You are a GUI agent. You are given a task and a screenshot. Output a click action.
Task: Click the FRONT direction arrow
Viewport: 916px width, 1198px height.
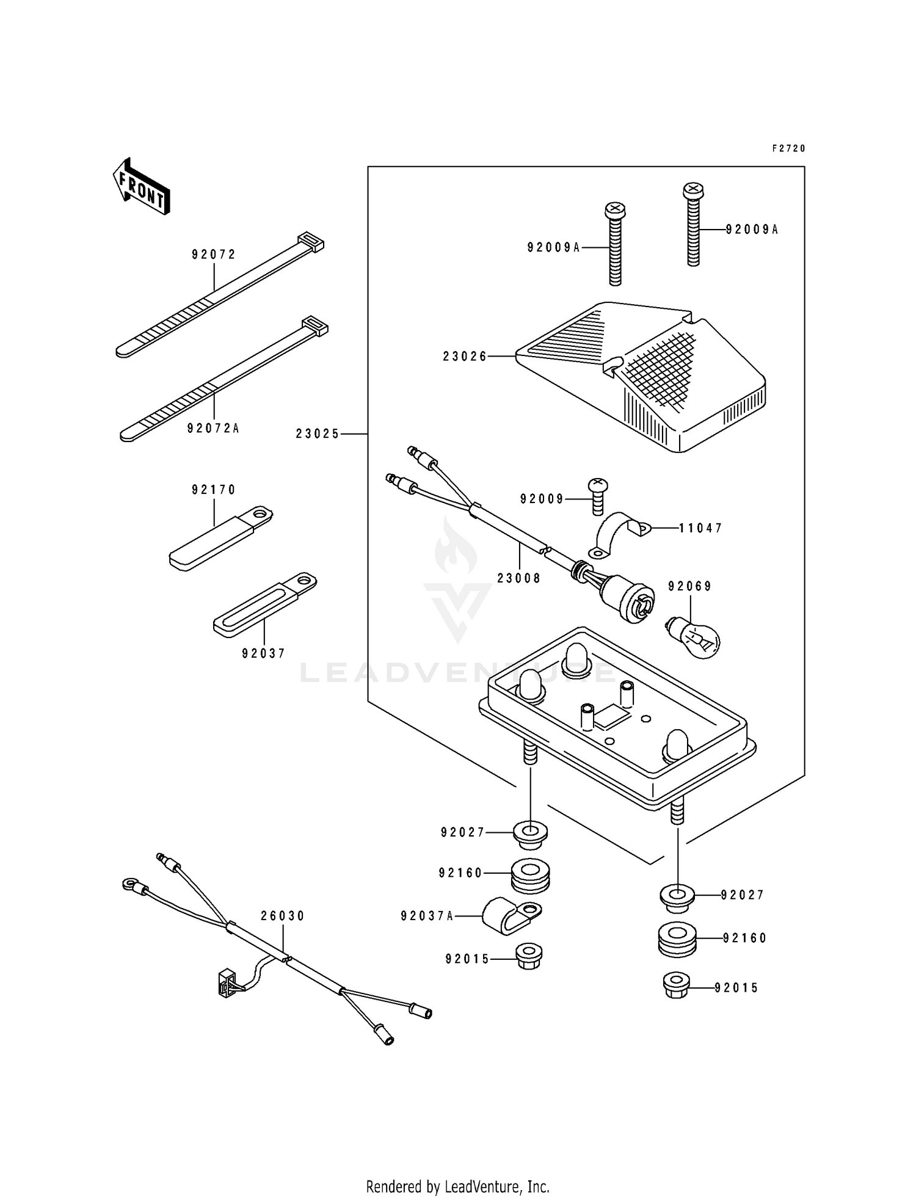pyautogui.click(x=141, y=186)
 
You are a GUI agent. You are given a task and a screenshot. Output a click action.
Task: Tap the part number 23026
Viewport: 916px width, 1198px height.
pyautogui.click(x=465, y=357)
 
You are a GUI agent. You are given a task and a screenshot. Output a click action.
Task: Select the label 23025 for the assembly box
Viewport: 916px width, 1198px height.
pyautogui.click(x=318, y=434)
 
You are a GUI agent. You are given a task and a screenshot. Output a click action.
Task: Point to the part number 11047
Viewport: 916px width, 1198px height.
pyautogui.click(x=700, y=528)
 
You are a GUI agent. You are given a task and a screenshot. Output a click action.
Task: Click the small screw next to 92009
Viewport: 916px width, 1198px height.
pyautogui.click(x=597, y=495)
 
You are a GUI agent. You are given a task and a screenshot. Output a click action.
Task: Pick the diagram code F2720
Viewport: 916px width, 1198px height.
pyautogui.click(x=788, y=148)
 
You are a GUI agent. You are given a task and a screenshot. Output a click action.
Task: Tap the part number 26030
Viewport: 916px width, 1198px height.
pyautogui.click(x=282, y=916)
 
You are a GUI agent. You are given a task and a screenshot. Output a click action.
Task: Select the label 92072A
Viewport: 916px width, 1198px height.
pyautogui.click(x=213, y=429)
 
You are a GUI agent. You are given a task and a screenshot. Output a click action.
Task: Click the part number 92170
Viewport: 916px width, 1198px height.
pyautogui.click(x=214, y=490)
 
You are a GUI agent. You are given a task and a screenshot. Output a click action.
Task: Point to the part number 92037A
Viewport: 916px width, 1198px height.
pyautogui.click(x=427, y=916)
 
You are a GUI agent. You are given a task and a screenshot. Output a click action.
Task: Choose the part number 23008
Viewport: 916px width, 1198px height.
pyautogui.click(x=518, y=578)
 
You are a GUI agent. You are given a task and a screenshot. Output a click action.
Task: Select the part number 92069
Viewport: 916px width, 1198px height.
pyautogui.click(x=689, y=587)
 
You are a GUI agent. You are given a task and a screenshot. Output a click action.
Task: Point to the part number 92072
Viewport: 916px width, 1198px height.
pyautogui.click(x=214, y=255)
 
